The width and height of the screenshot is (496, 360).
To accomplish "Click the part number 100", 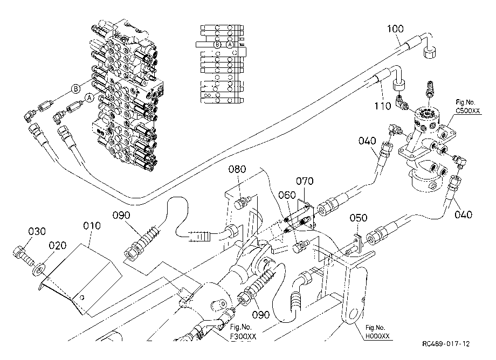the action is coord(395,29).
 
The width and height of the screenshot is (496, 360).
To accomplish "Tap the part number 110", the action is coord(383,106).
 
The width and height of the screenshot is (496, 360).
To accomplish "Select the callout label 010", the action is coord(92,226).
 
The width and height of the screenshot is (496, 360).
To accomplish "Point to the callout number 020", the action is coord(57,246).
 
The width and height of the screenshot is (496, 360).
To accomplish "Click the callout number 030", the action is coord(37,231).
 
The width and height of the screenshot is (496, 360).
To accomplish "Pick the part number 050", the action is coord(359,218).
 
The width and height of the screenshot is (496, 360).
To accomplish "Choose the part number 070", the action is coord(305,181).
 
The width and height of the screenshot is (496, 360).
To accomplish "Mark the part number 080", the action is coord(237,169).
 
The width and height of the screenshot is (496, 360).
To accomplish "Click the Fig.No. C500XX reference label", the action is coord(467,107).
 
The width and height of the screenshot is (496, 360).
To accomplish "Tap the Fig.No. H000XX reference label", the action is coord(377,332).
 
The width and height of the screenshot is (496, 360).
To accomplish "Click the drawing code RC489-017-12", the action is coord(446,344).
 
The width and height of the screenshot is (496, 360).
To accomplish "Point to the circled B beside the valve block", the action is coord(75,89).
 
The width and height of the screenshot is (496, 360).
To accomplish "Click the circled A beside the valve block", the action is coord(90,98).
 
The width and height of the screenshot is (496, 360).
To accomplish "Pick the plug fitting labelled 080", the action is coord(242,202).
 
